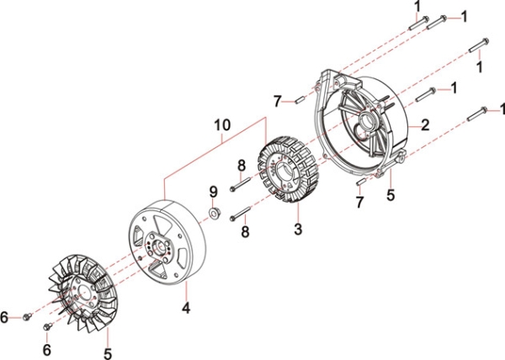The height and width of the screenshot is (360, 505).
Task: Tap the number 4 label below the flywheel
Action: pyautogui.click(x=186, y=308)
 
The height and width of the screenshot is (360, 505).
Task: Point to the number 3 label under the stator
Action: pyautogui.click(x=297, y=229)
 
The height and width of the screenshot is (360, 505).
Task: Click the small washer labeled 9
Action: pyautogui.click(x=215, y=213)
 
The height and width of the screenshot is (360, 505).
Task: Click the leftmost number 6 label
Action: pyautogui.click(x=6, y=317)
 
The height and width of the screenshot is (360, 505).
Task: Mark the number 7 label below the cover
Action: pyautogui.click(x=360, y=204)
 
